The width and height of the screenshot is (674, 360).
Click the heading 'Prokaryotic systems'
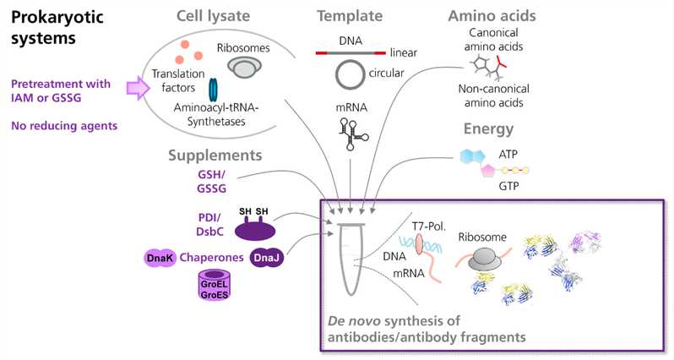[x=54, y=28]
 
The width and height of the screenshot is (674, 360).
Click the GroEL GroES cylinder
[x=213, y=289]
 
